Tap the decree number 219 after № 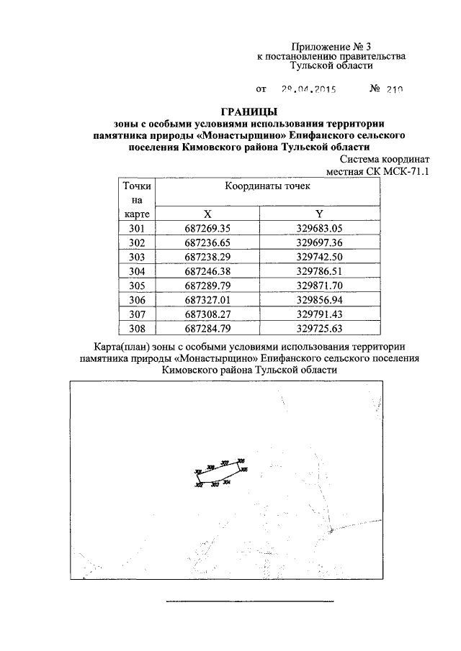(x=393, y=90)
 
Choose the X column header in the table (x=208, y=214)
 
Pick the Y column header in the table (x=319, y=214)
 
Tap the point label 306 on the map (x=241, y=460)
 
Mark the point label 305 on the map (x=244, y=470)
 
